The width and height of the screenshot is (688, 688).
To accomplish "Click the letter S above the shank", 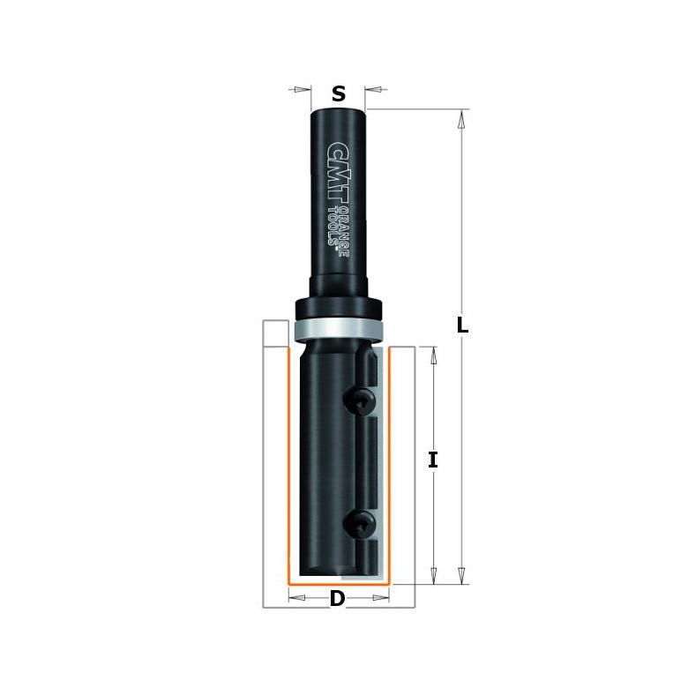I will tap(339, 91).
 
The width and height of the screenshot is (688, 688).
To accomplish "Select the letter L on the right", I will tap(461, 325).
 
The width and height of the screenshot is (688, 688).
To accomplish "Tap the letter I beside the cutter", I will tap(432, 460).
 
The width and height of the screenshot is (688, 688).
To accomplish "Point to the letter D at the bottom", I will tap(337, 599).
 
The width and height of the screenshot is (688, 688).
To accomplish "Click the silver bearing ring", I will tap(338, 326).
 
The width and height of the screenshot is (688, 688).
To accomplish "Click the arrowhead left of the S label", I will tap(303, 89).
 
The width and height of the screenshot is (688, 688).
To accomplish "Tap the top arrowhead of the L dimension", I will tap(460, 118).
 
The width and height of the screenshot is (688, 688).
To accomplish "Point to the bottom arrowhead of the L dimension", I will tap(460, 575).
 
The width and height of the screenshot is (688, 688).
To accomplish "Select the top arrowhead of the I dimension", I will tap(432, 355).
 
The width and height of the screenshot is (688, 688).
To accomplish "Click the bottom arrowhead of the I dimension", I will tap(432, 575).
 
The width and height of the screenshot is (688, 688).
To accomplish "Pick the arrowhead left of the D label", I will tap(297, 598).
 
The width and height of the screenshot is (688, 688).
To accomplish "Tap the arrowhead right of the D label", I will tap(380, 598).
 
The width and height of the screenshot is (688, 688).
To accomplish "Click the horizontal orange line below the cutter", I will tap(339, 584).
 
